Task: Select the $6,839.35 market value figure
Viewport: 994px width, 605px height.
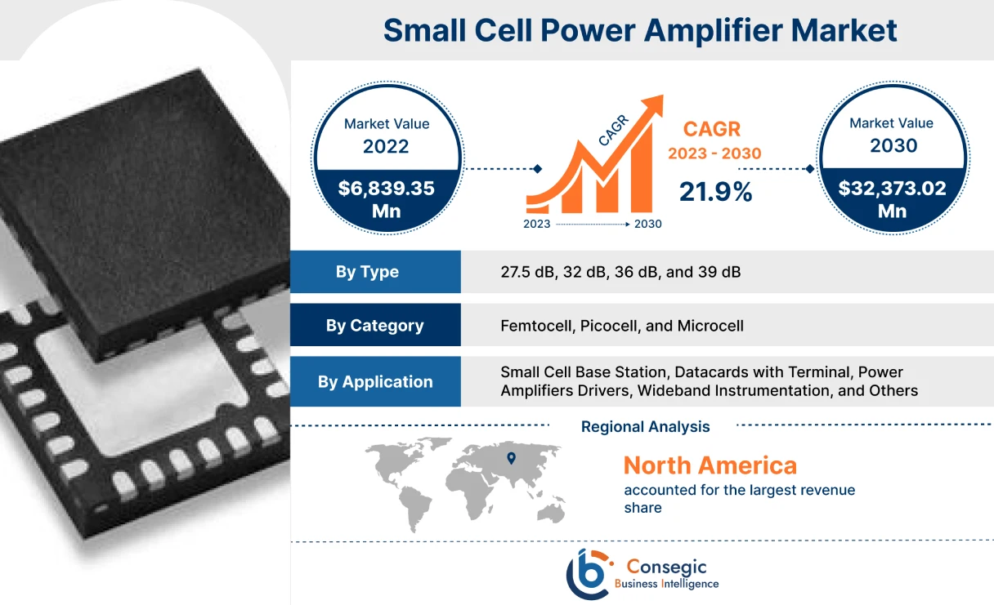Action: (386, 189)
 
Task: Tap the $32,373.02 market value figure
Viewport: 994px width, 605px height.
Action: (892, 189)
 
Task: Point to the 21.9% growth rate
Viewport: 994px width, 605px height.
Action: (715, 192)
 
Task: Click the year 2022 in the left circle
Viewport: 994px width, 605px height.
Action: (386, 147)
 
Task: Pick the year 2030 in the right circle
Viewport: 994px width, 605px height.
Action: (892, 146)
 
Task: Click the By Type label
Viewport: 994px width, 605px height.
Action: (367, 272)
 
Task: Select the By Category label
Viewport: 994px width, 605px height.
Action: (374, 325)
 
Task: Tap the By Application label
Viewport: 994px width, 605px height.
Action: (375, 381)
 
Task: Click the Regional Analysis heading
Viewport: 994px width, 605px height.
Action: (645, 426)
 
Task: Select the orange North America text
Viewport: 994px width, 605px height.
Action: (710, 465)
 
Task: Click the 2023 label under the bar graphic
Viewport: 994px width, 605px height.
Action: (536, 224)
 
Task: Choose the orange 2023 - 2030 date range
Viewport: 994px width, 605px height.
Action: (714, 153)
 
